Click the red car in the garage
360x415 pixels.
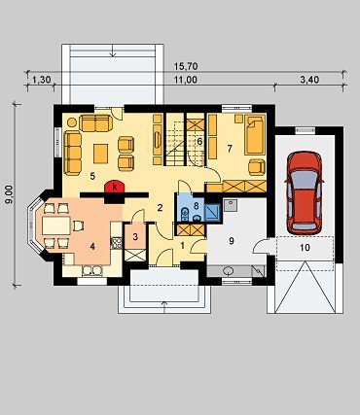point(304,193)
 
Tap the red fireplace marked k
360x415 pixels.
point(115,187)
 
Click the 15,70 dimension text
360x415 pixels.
point(186,67)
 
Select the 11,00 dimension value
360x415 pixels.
point(186,80)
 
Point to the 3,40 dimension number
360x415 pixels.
point(309,80)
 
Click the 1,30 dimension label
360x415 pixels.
point(42,80)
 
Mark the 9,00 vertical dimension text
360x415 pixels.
point(9,194)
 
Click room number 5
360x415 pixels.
point(92,176)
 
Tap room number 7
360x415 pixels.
point(230,149)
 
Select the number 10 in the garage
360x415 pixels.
point(305,248)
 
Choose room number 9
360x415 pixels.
point(232,241)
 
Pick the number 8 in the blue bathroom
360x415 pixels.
point(196,205)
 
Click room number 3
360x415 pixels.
point(135,236)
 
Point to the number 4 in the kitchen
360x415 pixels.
point(92,247)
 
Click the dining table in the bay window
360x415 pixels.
point(56,225)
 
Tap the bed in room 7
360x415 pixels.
point(255,134)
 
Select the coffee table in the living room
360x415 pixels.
point(101,154)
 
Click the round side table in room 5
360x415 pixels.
point(72,122)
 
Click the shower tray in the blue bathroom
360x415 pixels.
point(212,212)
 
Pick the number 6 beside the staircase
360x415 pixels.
point(199,142)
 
